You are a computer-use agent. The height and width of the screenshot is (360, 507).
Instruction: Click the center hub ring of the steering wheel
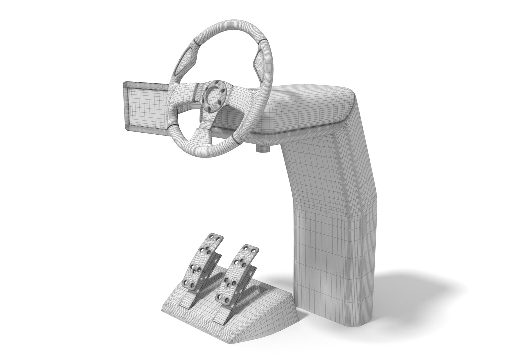click(213, 95)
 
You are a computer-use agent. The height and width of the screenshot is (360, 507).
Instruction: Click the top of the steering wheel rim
click(227, 30)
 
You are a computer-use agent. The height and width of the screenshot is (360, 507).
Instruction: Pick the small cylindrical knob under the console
click(262, 148)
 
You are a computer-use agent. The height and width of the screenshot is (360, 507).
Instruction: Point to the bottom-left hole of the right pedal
click(220, 294)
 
